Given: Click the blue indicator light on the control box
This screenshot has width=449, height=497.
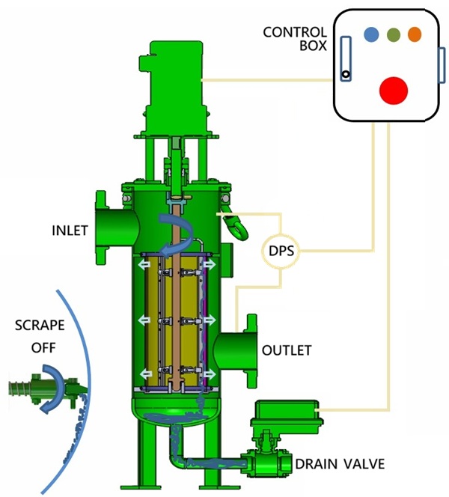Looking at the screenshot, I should coord(370,34).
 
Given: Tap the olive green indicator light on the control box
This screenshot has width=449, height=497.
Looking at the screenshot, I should coord(393,34).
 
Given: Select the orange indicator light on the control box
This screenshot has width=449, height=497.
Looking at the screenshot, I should coord(415,34).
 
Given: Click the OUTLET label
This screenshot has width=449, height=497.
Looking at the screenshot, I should coord(287,350).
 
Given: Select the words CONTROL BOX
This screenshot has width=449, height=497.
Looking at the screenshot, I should coord(295,39).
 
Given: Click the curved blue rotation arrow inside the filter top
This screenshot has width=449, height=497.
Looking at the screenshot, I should coord(179,229).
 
